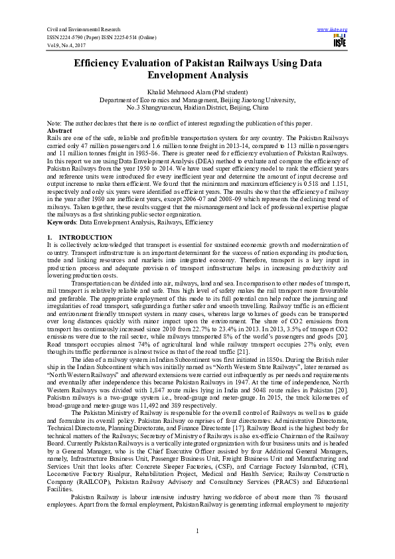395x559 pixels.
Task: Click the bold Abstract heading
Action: [x=59, y=131]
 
